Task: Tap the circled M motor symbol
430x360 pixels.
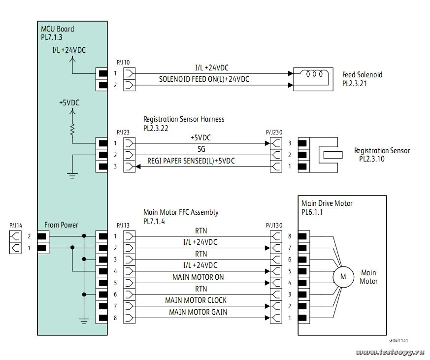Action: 343,277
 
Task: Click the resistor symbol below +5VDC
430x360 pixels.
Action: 73,129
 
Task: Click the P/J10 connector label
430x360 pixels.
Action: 123,63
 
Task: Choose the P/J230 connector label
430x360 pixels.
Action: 272,132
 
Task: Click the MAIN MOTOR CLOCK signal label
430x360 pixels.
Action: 196,300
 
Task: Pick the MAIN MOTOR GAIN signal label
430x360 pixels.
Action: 198,312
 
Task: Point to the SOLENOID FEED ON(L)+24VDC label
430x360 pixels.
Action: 204,79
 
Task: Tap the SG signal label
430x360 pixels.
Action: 201,149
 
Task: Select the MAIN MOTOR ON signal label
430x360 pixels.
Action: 198,277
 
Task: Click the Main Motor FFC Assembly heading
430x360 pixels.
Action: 181,212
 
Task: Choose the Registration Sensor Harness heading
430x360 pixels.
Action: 184,119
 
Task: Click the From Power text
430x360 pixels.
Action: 61,225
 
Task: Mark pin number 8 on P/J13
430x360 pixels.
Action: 115,318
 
